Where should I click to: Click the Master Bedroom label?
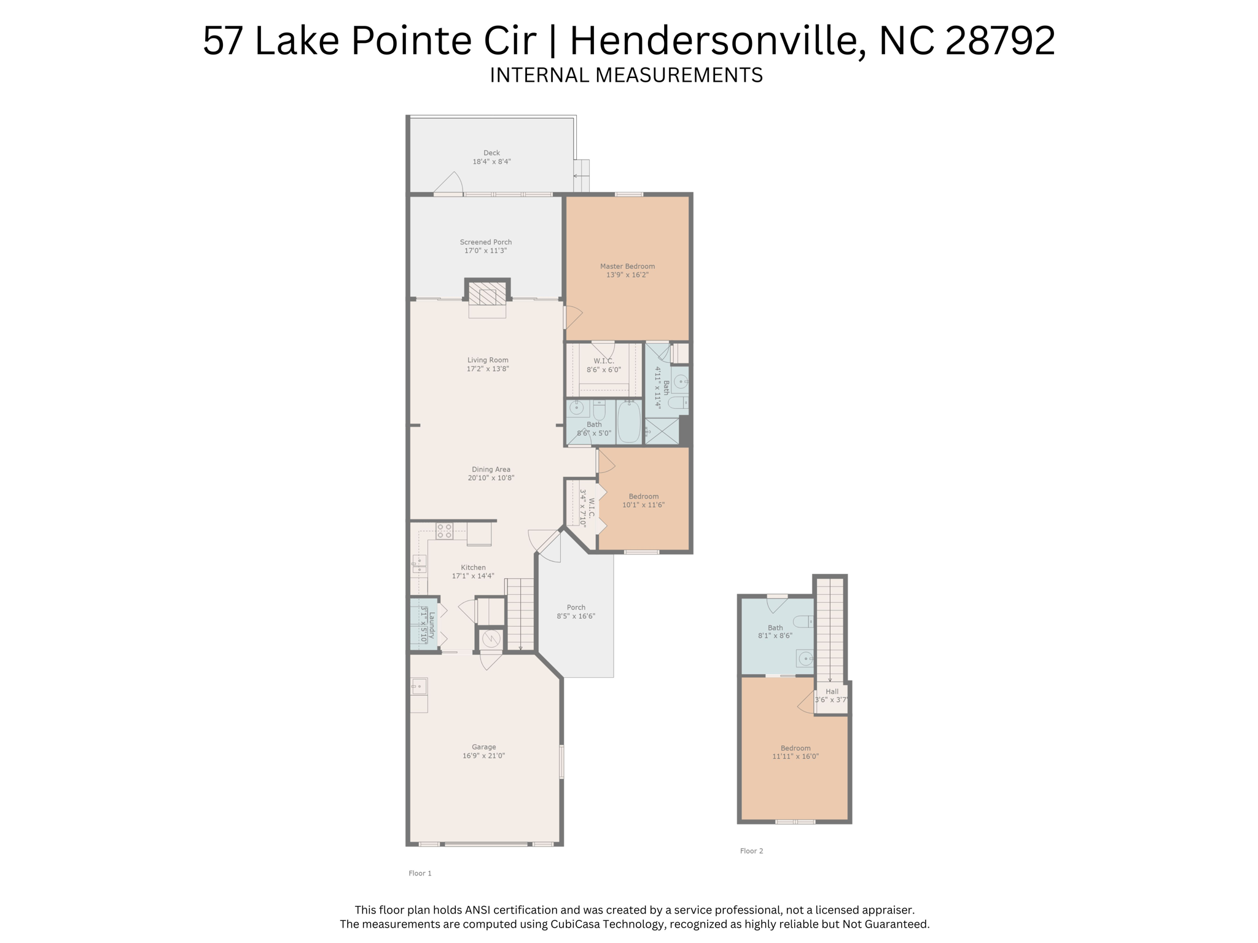pyautogui.click(x=627, y=266)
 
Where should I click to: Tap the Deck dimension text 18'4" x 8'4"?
pyautogui.click(x=491, y=162)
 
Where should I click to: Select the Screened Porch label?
pyautogui.click(x=486, y=242)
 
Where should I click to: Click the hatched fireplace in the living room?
pyautogui.click(x=487, y=293)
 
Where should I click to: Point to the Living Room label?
pyautogui.click(x=488, y=360)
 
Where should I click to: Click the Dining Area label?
pyautogui.click(x=491, y=470)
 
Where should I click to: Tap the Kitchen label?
pyautogui.click(x=473, y=568)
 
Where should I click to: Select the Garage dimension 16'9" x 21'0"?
pyautogui.click(x=483, y=756)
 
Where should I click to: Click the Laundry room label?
pyautogui.click(x=432, y=625)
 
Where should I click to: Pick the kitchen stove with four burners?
pyautogui.click(x=444, y=531)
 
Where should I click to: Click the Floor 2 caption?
pyautogui.click(x=751, y=851)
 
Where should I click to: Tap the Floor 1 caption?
pyautogui.click(x=420, y=873)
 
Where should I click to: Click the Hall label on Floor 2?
pyautogui.click(x=832, y=691)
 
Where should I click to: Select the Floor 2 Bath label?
pyautogui.click(x=775, y=628)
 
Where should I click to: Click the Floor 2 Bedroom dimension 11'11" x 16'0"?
pyautogui.click(x=795, y=757)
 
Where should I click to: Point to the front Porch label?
pyautogui.click(x=576, y=608)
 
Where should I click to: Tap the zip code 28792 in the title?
pyautogui.click(x=1000, y=41)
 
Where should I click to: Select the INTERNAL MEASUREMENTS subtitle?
pyautogui.click(x=626, y=75)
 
